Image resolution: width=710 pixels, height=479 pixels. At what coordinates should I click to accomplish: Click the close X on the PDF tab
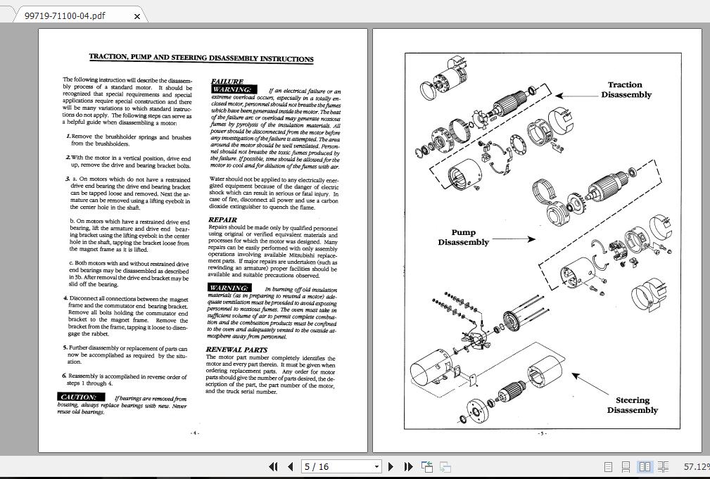coord(137,15)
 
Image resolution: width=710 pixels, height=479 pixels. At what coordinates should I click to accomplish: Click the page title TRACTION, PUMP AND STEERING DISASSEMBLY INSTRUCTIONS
coord(201,58)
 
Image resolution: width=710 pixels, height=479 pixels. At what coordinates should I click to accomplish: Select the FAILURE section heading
coord(227,82)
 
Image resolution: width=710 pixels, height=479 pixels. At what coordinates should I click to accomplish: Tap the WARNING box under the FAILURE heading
coord(232,90)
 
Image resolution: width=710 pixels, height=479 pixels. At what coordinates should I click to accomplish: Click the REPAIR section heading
coord(222,220)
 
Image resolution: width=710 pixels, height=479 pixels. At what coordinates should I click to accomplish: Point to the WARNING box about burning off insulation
coord(229,288)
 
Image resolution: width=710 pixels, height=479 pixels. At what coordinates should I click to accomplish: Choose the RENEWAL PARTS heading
coord(236,349)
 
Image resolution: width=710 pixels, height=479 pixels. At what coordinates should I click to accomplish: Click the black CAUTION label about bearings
coord(79,397)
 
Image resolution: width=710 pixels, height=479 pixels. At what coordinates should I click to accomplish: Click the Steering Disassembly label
coord(632,405)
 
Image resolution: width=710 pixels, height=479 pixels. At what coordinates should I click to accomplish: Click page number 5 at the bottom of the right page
coord(542,433)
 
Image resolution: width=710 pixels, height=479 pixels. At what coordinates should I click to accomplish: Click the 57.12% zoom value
coord(695,466)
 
